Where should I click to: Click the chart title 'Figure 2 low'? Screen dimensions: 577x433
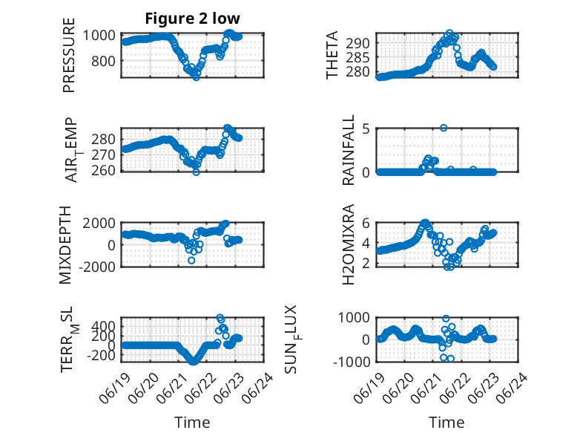(x=192, y=19)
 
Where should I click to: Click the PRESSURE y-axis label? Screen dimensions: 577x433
(x=69, y=55)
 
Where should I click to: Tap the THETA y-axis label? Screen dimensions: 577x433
(x=332, y=55)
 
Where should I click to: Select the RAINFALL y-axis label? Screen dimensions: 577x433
(x=348, y=150)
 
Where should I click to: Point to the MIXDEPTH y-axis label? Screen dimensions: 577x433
(x=65, y=244)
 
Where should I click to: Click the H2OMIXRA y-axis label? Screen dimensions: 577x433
(x=348, y=244)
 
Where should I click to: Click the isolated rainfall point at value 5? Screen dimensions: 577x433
(x=444, y=128)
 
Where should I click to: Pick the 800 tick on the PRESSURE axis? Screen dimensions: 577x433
(x=103, y=61)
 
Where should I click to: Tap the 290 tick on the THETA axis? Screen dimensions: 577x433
(x=357, y=43)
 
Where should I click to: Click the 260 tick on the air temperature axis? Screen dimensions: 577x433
(x=103, y=171)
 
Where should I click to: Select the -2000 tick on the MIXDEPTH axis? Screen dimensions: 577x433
(x=97, y=267)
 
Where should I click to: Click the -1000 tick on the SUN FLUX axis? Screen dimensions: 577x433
(x=352, y=362)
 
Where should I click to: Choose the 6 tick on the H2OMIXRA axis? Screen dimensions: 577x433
(x=366, y=223)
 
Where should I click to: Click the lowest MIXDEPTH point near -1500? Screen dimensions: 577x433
(x=191, y=261)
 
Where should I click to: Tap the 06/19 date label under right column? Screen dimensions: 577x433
(x=369, y=388)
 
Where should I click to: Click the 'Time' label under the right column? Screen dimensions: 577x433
(x=446, y=423)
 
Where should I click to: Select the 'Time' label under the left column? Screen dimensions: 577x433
(x=192, y=423)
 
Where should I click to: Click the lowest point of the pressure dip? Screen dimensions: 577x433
(x=196, y=77)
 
